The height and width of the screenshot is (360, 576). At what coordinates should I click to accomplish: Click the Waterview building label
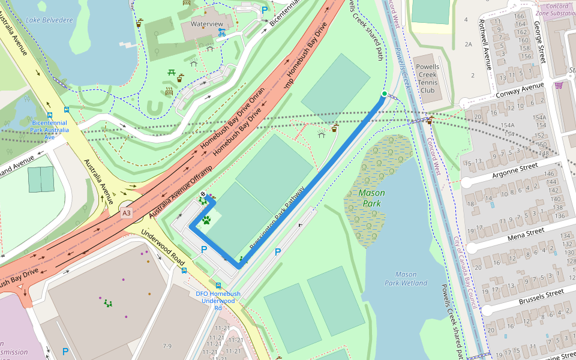pos(206,24)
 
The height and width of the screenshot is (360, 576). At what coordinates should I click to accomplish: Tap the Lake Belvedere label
pos(49,20)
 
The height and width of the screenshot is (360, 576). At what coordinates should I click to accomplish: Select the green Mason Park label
pos(371,198)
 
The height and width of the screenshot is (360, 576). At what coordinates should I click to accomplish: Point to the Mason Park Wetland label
pos(406,278)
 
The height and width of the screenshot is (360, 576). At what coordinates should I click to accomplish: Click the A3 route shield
pos(125,213)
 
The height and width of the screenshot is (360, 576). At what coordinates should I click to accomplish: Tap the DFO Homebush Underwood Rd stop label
pos(218,301)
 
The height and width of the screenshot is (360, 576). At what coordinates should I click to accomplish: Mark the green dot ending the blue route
pos(384,94)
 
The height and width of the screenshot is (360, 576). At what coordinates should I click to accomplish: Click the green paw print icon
pos(206,220)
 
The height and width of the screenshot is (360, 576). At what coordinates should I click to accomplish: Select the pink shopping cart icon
pos(559,85)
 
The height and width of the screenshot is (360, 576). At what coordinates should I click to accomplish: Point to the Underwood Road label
pos(163,248)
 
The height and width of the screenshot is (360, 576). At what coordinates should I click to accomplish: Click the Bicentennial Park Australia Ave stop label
pos(50,130)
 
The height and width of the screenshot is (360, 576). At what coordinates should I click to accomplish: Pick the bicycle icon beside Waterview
pos(221,33)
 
